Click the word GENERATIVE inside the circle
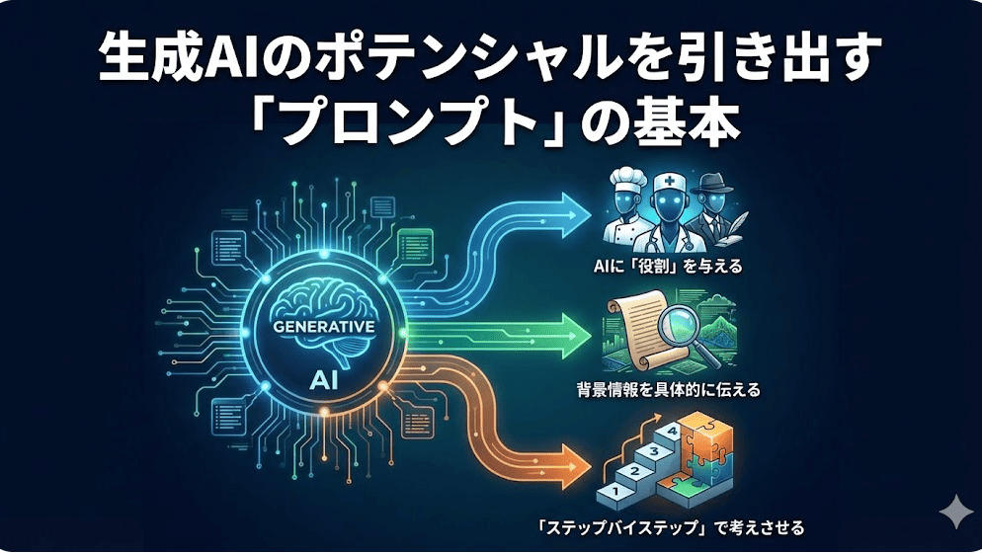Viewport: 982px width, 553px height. click(x=324, y=326)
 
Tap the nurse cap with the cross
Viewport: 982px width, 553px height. click(x=669, y=184)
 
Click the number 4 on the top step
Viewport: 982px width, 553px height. click(x=672, y=431)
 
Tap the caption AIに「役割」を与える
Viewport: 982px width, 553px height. click(x=668, y=267)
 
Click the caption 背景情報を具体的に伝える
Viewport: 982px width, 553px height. click(x=668, y=389)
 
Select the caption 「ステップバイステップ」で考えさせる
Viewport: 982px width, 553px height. click(x=671, y=527)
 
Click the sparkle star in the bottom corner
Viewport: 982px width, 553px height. click(x=956, y=512)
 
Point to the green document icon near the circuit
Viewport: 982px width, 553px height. click(x=416, y=247)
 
